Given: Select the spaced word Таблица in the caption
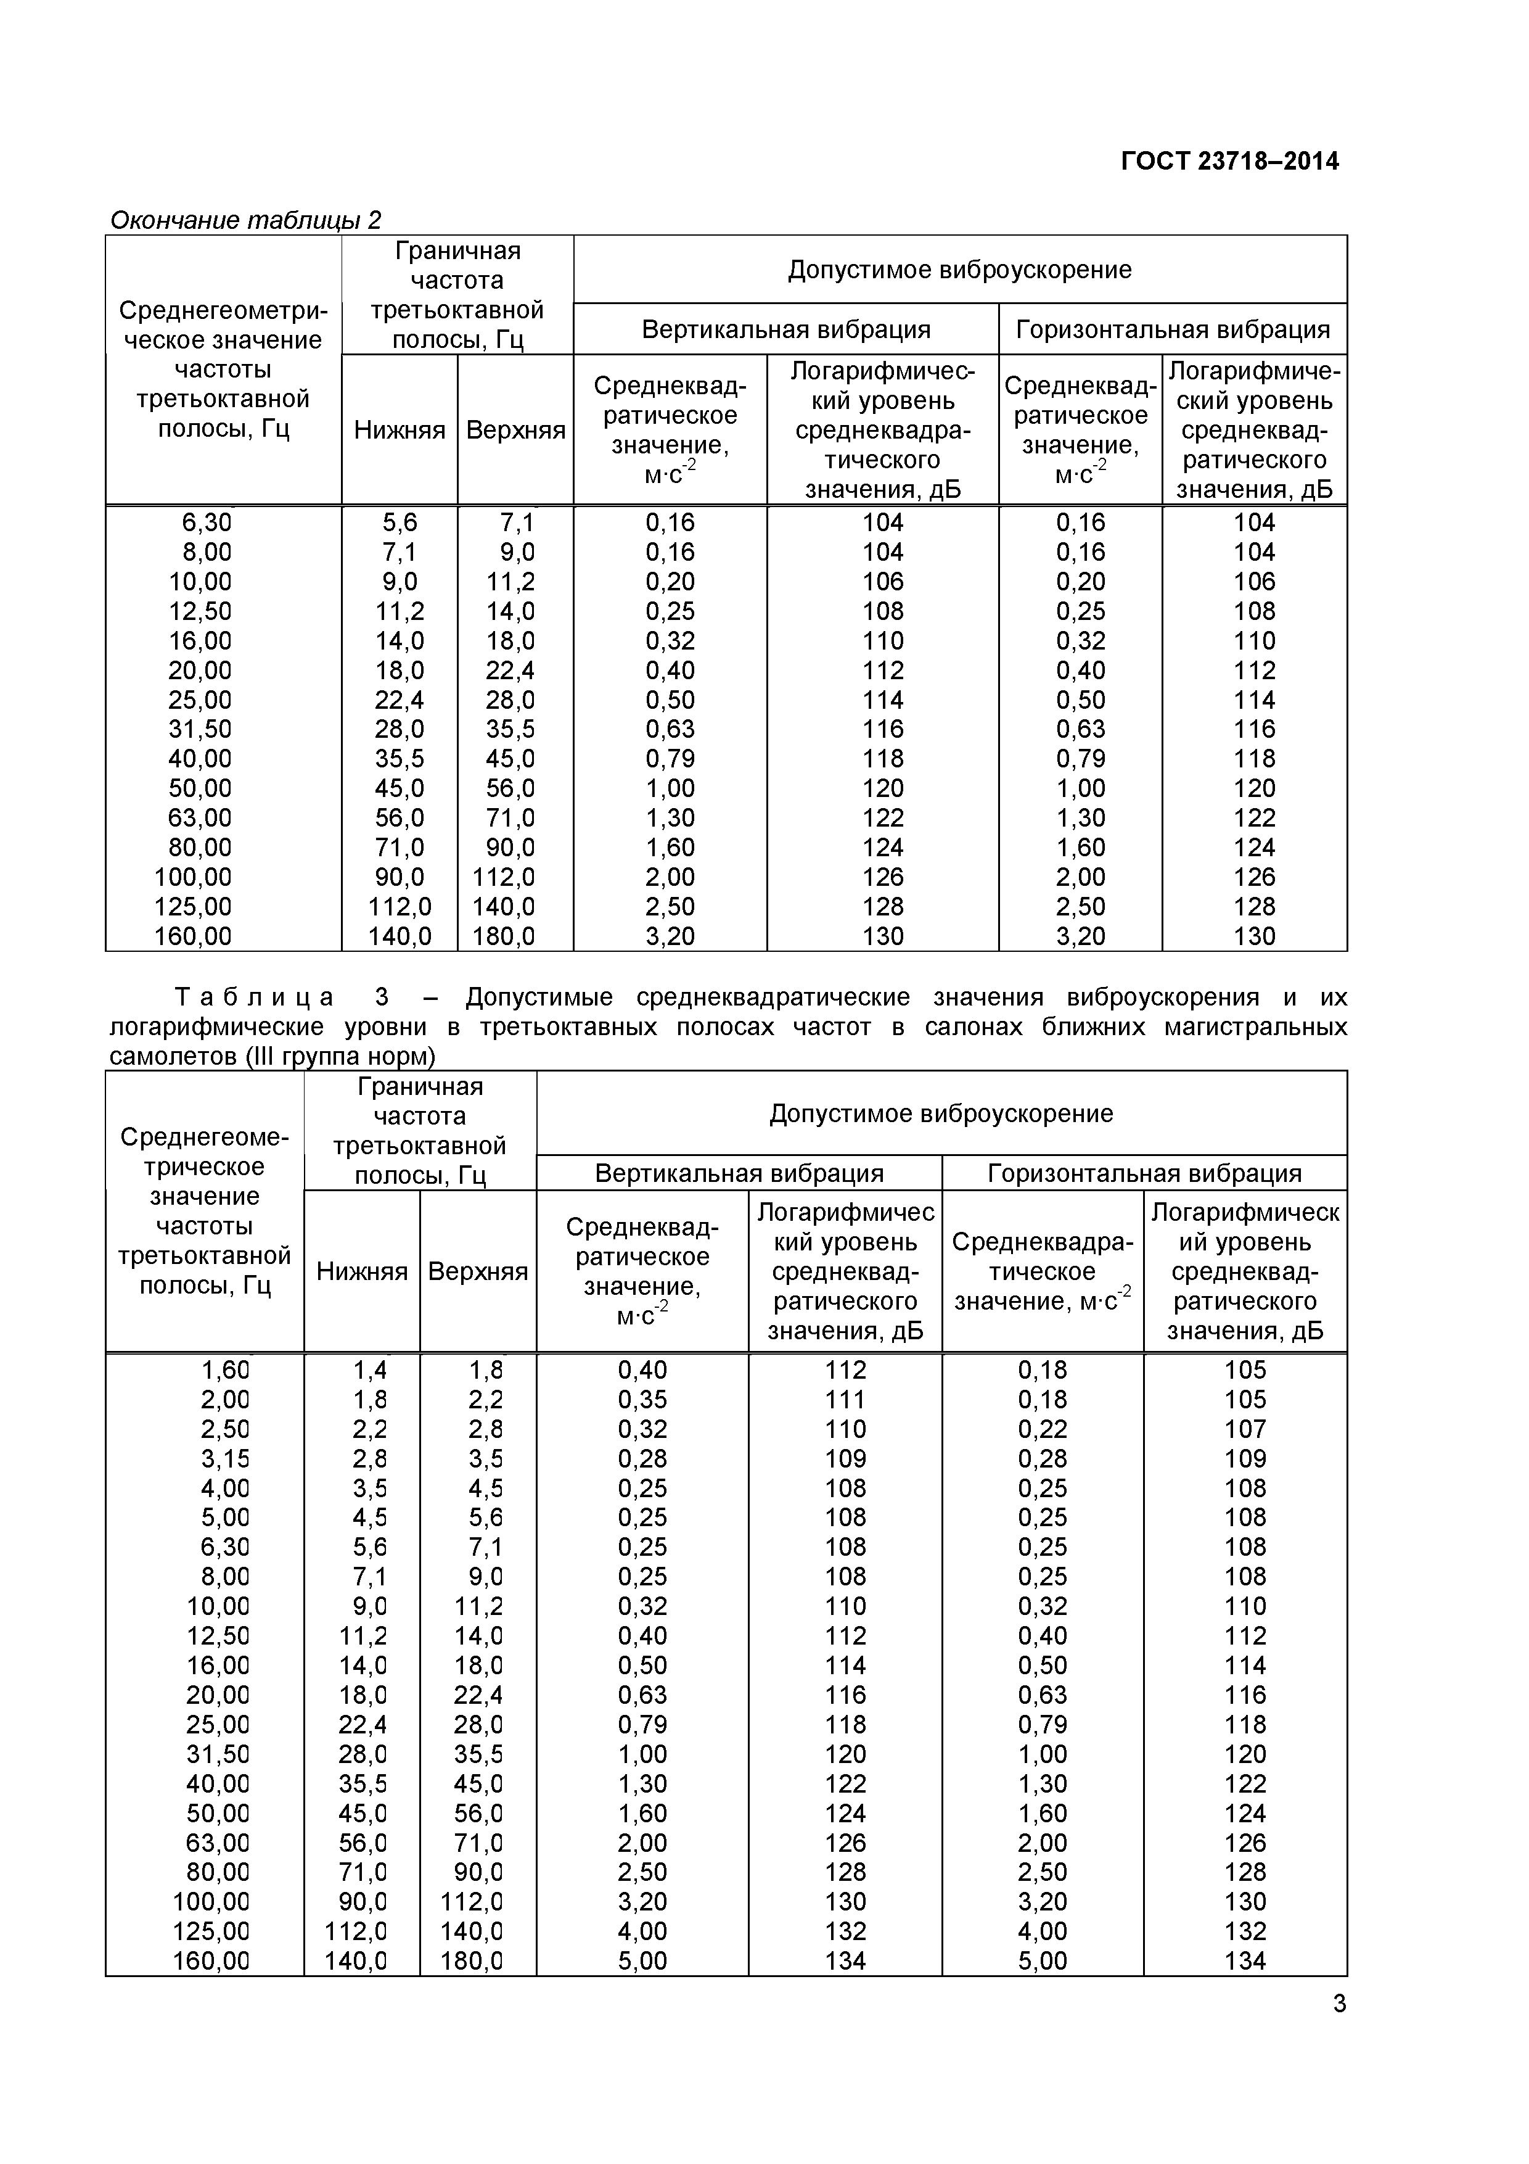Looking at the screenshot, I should (x=255, y=997).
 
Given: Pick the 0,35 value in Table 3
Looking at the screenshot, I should (x=642, y=1400).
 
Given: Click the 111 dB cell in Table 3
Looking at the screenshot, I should (x=845, y=1400).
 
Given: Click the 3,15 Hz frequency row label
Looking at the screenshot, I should (x=224, y=1459).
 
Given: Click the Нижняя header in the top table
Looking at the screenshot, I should (x=400, y=431).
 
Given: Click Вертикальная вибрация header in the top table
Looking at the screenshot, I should (x=785, y=330).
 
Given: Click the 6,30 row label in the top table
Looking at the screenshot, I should (x=207, y=522).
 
